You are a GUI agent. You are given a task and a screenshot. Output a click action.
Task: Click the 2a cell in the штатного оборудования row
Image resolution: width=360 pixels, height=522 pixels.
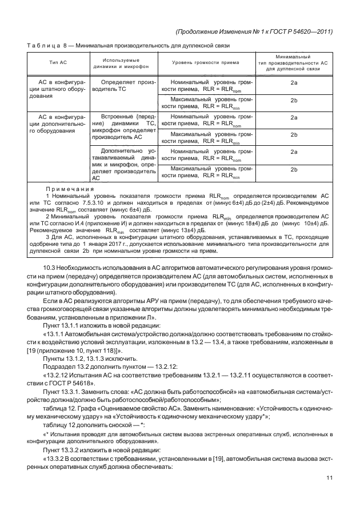294,83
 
